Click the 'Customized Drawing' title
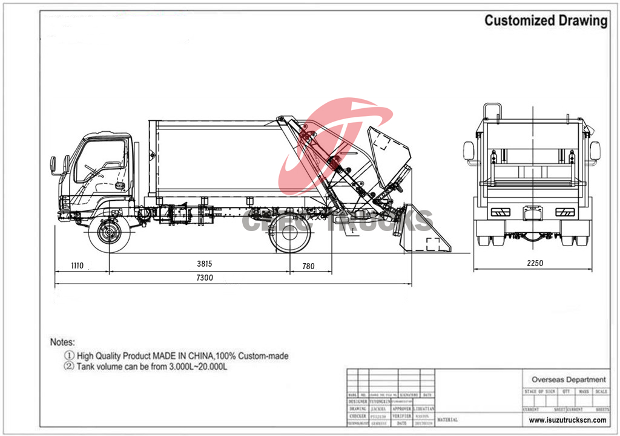click(546, 21)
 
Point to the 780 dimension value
click(308, 265)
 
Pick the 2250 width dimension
click(534, 263)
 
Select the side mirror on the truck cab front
click(53, 164)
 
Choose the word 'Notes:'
click(62, 342)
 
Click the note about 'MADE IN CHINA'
click(176, 356)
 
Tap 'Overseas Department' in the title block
click(569, 379)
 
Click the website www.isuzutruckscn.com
click(568, 420)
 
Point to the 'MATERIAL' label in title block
click(447, 419)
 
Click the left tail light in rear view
click(500, 212)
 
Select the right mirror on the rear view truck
click(595, 150)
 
